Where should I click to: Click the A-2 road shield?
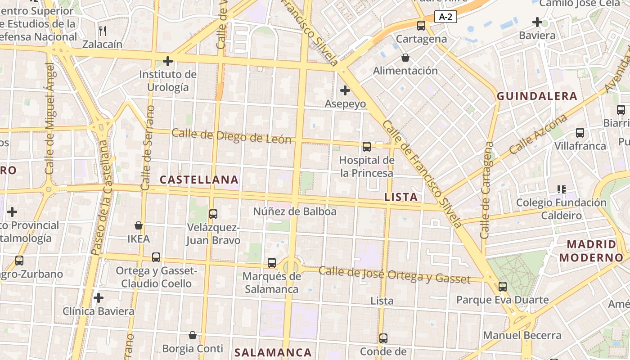[x=445, y=17]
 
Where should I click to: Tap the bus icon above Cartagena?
[x=421, y=26]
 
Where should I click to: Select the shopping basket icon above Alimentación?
[x=405, y=58]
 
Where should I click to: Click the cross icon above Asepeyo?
[x=345, y=90]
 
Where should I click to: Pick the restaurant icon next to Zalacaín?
[x=103, y=31]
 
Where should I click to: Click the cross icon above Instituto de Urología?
[x=168, y=61]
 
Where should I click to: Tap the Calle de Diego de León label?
[x=232, y=136]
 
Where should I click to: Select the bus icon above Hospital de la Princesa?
[x=367, y=146]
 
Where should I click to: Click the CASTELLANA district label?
[x=199, y=180]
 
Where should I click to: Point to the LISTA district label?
[x=401, y=197]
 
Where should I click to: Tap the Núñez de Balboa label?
[x=295, y=211]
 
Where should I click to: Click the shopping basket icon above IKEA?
[x=139, y=225]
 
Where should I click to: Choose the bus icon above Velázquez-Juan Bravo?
[x=213, y=214]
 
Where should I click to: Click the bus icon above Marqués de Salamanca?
[x=271, y=262]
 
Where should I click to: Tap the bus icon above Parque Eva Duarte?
[x=503, y=286]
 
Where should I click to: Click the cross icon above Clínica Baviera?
[x=99, y=297]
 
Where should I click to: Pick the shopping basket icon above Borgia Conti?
[x=193, y=335]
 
